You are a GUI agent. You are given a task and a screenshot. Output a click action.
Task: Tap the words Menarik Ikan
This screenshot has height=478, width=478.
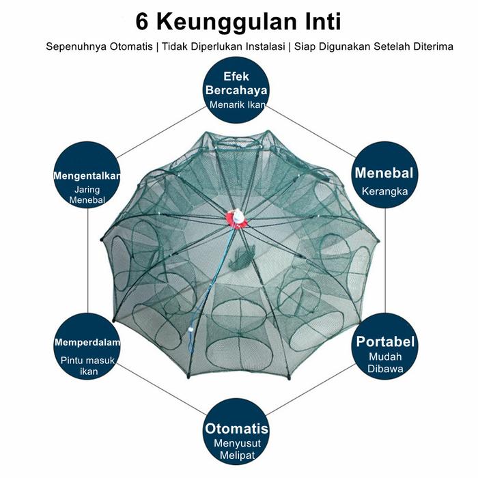pyautogui.click(x=237, y=105)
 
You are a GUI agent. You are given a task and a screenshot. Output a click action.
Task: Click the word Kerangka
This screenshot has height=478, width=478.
pyautogui.click(x=384, y=191)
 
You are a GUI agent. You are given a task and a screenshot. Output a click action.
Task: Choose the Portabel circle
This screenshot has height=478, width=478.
pyautogui.click(x=384, y=350)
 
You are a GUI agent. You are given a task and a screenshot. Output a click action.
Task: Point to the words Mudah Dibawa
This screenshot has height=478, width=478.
pyautogui.click(x=385, y=363)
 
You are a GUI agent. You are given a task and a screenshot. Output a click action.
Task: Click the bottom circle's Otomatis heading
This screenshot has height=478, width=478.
pyautogui.click(x=236, y=430)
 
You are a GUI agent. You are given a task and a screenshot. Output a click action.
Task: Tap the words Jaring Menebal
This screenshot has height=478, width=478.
pyautogui.click(x=87, y=194)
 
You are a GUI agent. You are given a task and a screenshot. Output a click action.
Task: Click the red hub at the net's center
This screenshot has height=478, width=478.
pyautogui.click(x=236, y=217)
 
